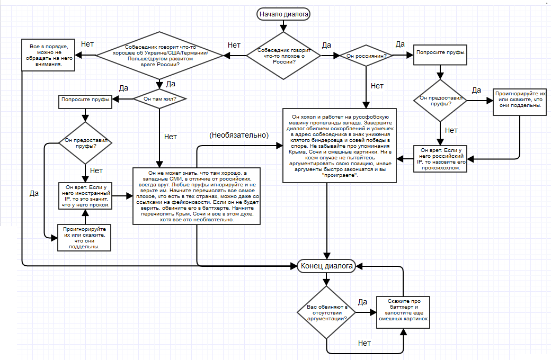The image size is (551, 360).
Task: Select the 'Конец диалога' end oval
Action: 327,266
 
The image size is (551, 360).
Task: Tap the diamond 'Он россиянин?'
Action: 366,55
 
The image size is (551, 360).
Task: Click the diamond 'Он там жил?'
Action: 159,98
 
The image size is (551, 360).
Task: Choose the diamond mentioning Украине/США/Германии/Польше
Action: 160,55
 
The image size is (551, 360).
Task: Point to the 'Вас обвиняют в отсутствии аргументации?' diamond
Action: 327,312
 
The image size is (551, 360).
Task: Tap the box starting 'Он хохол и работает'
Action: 341,145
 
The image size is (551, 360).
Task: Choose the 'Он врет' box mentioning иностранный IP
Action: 84,196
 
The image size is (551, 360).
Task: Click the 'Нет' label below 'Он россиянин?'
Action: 377,85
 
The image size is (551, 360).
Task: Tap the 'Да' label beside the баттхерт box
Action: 362,302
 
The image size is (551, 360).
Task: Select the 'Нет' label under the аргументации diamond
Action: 365,343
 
